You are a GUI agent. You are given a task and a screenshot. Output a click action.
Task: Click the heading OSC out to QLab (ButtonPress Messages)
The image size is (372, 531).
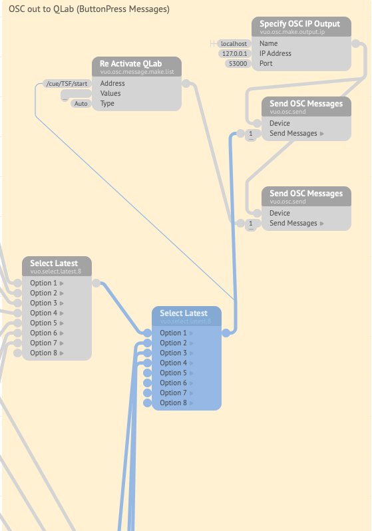click(89, 10)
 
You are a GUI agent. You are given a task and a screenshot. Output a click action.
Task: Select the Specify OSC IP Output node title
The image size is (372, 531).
click(299, 23)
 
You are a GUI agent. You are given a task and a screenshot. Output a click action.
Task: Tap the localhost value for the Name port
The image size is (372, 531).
click(234, 44)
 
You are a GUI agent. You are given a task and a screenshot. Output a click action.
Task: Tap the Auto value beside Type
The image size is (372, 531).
click(81, 104)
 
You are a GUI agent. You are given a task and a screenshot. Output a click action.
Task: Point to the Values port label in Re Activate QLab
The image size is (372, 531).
click(110, 94)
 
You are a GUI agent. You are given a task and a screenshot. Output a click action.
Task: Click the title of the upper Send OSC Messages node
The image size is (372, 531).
click(306, 103)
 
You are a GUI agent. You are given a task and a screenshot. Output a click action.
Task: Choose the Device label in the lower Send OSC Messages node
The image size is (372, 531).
click(279, 214)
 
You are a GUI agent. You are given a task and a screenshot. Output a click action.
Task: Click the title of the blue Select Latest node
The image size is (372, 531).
click(184, 313)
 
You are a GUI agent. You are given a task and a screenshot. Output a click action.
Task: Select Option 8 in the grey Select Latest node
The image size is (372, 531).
click(44, 353)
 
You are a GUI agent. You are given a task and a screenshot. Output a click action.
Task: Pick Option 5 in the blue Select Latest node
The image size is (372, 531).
click(174, 373)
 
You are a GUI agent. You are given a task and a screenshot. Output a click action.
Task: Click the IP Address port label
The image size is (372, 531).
click(275, 54)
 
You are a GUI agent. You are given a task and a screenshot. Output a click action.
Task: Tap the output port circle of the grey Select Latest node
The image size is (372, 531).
click(96, 283)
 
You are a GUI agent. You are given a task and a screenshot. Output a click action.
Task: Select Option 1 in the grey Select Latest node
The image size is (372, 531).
click(44, 283)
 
